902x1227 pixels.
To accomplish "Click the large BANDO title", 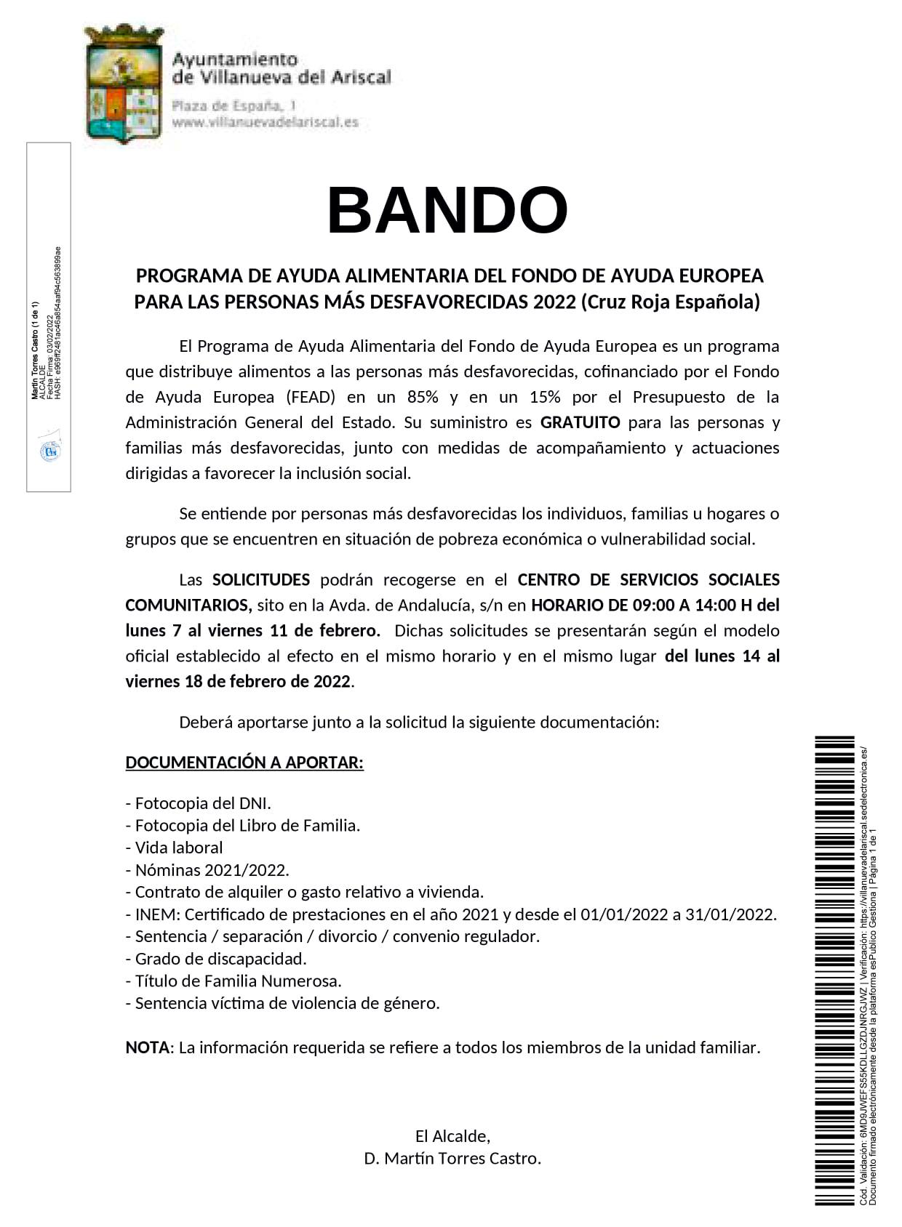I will pyautogui.click(x=447, y=210).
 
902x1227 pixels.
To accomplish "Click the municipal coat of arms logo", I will pyautogui.click(x=123, y=83).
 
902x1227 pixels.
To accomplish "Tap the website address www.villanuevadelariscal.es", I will pyautogui.click(x=265, y=123).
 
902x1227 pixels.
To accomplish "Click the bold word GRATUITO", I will pyautogui.click(x=580, y=422).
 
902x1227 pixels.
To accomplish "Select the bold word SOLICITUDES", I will pyautogui.click(x=260, y=579).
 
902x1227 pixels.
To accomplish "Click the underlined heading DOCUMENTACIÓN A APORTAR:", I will pyautogui.click(x=244, y=763).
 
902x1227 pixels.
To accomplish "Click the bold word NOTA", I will pyautogui.click(x=147, y=1047).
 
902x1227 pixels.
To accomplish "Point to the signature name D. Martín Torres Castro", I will pyautogui.click(x=452, y=1158).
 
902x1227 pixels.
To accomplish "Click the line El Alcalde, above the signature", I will pyautogui.click(x=452, y=1135).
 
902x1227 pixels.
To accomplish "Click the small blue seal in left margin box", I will pyautogui.click(x=49, y=451).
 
